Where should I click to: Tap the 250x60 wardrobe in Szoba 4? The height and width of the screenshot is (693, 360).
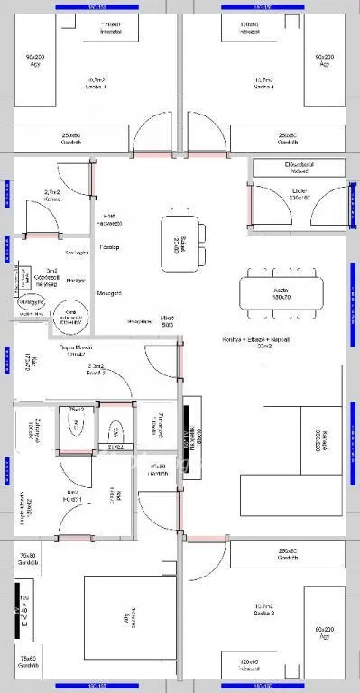[288, 138]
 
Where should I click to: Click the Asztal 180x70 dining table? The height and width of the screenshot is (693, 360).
[281, 291]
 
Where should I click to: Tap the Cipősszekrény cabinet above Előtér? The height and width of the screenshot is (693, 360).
[299, 168]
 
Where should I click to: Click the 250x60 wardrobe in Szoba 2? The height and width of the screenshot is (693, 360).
[288, 554]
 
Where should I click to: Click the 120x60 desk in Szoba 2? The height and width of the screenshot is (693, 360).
[249, 665]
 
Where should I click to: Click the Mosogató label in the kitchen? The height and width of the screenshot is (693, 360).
[109, 293]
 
